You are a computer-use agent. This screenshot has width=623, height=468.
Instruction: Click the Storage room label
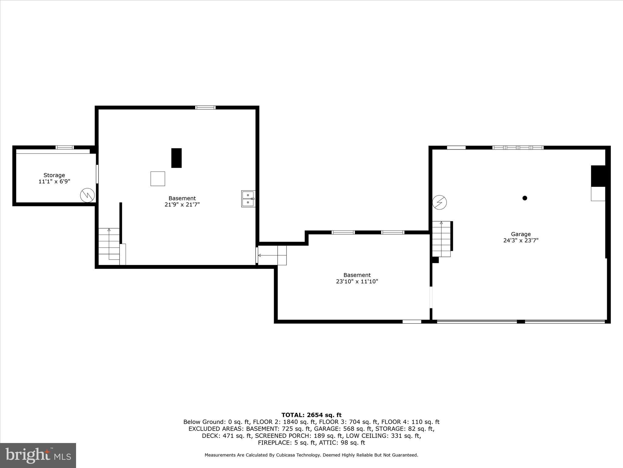pyautogui.click(x=54, y=175)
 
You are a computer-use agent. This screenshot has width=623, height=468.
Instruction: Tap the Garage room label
pyautogui.click(x=521, y=234)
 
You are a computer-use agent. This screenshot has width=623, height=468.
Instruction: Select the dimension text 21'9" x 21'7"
pyautogui.click(x=182, y=205)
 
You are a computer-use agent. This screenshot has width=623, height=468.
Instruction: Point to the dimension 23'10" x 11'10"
pyautogui.click(x=357, y=282)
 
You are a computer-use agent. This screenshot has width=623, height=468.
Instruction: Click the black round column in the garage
pyautogui.click(x=525, y=198)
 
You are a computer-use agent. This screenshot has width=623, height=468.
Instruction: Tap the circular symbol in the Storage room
pyautogui.click(x=87, y=195)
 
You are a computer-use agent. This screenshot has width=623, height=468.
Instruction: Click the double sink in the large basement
pyautogui.click(x=248, y=199)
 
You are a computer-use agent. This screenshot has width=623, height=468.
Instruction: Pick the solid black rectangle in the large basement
pyautogui.click(x=176, y=158)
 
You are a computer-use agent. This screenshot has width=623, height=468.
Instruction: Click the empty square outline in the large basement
pyautogui.click(x=158, y=179)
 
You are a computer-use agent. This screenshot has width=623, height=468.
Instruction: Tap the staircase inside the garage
pyautogui.click(x=441, y=239)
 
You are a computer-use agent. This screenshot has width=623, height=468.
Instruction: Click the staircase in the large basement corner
pyautogui.click(x=109, y=245)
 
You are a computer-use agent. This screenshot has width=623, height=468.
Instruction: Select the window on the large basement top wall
pyautogui.click(x=205, y=108)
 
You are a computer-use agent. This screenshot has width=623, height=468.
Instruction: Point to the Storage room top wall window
pyautogui.click(x=65, y=147)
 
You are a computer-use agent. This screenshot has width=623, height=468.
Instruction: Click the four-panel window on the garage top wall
pyautogui.click(x=518, y=148)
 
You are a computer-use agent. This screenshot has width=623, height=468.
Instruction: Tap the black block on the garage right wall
pyautogui.click(x=598, y=176)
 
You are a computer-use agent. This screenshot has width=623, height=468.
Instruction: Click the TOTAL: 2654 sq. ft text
pyautogui.click(x=311, y=415)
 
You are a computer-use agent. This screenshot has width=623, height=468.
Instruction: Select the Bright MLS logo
pyautogui.click(x=38, y=456)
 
